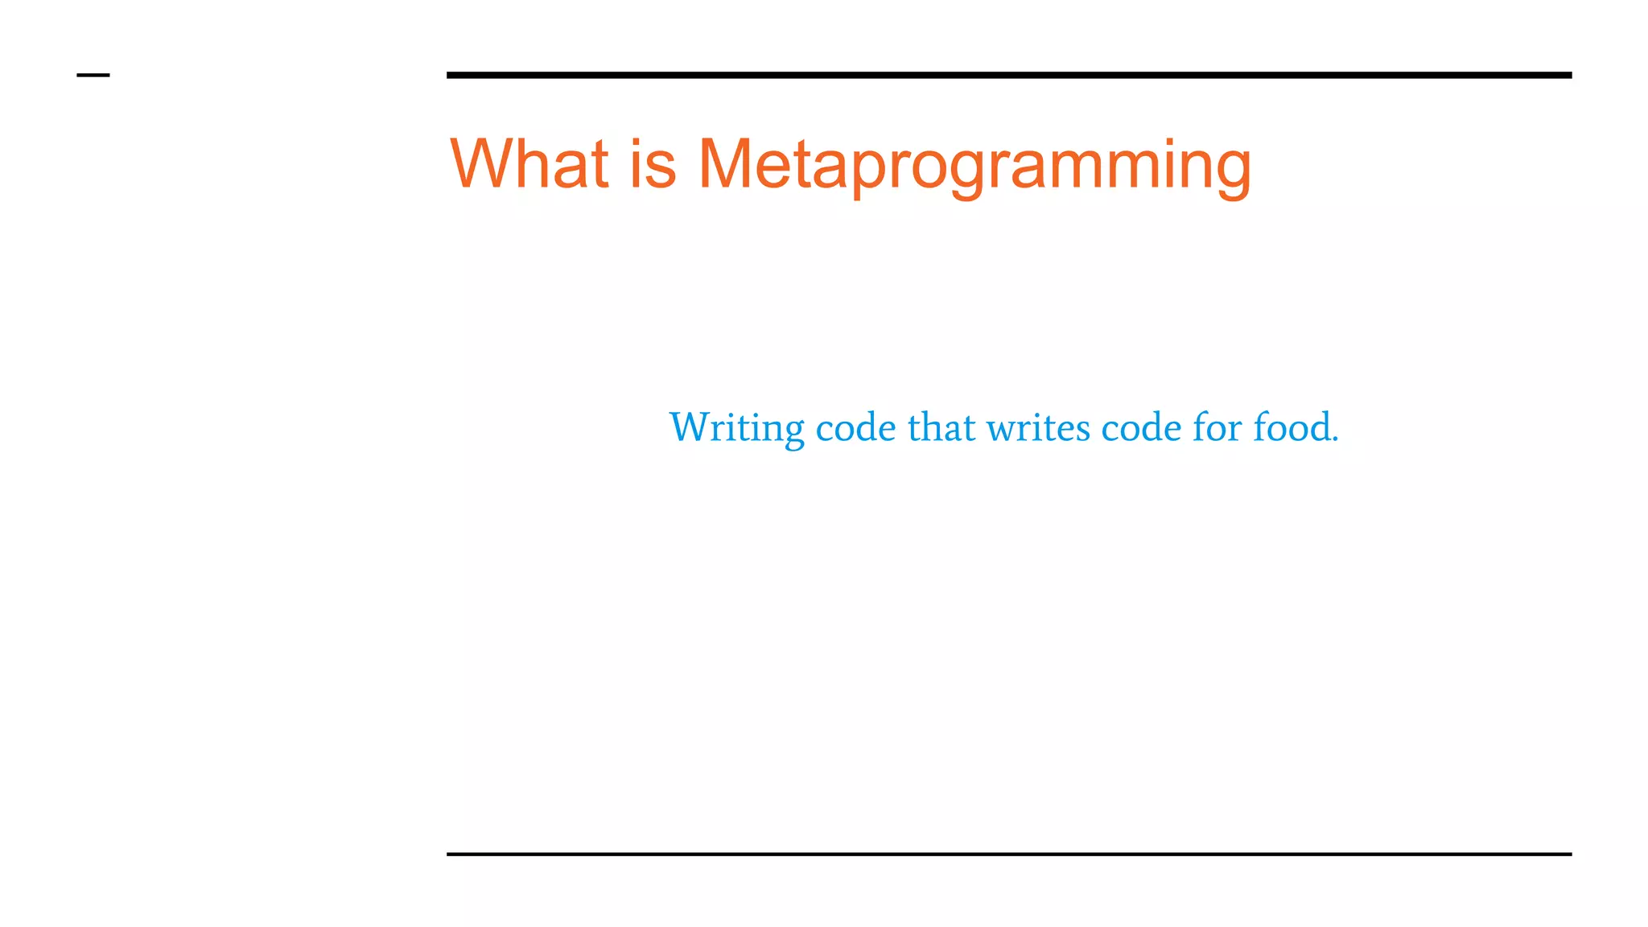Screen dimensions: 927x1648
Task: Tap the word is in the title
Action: tap(653, 164)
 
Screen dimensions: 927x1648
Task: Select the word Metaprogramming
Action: tap(974, 166)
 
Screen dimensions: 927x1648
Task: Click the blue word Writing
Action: tap(736, 427)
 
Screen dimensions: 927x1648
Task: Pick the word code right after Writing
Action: tap(855, 427)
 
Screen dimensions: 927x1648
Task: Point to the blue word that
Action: tap(941, 427)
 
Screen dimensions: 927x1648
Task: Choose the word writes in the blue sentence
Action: tap(1039, 427)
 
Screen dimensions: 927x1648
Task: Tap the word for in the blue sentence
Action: tap(1217, 427)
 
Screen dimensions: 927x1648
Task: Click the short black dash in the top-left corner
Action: tap(93, 76)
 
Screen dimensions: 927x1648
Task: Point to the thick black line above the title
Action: tap(1008, 75)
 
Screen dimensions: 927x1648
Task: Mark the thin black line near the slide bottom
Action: tap(1008, 854)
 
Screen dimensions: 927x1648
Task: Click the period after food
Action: tap(1335, 440)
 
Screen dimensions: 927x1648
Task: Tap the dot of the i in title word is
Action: tap(637, 140)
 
